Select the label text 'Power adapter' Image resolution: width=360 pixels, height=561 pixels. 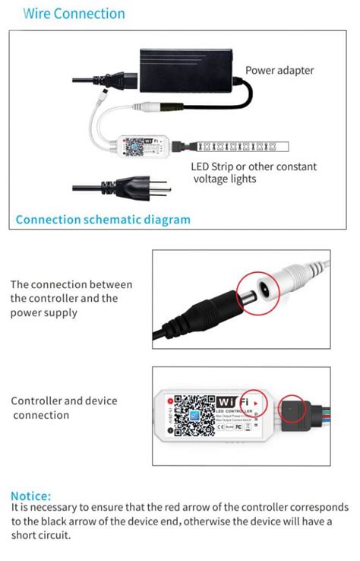click(279, 71)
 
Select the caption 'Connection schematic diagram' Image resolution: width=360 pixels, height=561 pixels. click(103, 220)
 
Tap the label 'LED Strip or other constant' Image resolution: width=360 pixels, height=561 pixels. click(254, 166)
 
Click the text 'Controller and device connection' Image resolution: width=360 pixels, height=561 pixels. click(64, 407)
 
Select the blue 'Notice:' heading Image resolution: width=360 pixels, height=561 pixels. click(31, 496)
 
